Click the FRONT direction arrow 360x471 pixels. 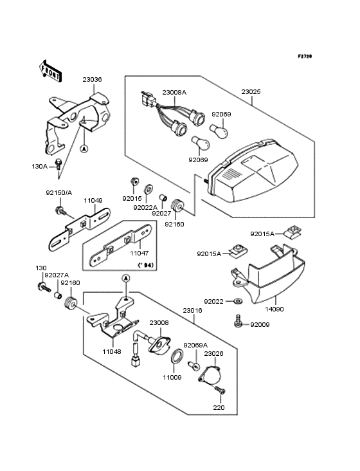point(50,71)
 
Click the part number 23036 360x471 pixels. point(93,80)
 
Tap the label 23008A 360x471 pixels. point(174,92)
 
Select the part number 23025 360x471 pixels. point(251,91)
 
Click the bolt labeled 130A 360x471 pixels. point(59,164)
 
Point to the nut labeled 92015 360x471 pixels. point(134,181)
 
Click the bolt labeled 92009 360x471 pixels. point(239,322)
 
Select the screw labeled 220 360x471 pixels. point(220,390)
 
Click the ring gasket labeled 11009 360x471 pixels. point(176,356)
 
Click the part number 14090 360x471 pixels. point(274,309)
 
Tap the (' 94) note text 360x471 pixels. point(145,265)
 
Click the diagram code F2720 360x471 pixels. point(305,56)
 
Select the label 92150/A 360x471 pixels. point(59,193)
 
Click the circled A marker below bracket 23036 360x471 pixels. point(84,149)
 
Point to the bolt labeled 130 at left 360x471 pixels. point(44,288)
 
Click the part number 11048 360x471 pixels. point(112,351)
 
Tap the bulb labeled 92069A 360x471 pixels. point(194,365)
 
